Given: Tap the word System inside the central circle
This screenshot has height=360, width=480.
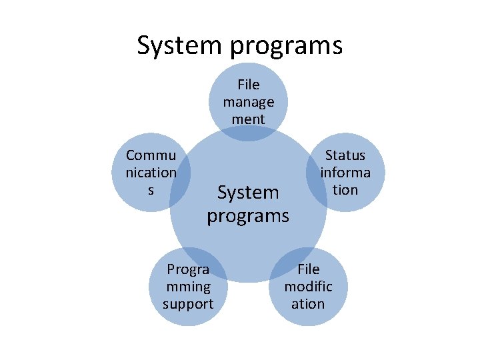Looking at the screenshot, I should [248, 193].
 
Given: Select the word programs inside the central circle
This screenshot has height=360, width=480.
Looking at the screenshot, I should [248, 216].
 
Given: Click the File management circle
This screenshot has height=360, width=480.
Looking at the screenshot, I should [248, 93].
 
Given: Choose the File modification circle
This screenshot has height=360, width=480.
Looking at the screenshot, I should [309, 287].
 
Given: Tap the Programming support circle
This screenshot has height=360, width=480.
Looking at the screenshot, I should [189, 287].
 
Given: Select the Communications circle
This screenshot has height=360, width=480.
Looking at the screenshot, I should [151, 172].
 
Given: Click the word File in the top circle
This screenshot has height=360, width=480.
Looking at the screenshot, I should [248, 85].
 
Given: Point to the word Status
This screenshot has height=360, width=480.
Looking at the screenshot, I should [345, 155].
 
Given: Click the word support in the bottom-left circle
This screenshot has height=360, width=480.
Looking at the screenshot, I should [188, 304].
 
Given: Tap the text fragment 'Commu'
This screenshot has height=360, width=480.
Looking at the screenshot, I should [151, 155].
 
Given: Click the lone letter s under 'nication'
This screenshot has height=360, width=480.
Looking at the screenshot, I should [151, 190].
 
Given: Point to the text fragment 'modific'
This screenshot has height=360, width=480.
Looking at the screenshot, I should [308, 287].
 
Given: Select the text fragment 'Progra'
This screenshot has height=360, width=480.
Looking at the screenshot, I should [188, 269].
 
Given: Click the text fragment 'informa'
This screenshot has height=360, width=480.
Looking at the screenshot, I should [345, 173].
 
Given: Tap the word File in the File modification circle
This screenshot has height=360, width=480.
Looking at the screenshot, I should [308, 269].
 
